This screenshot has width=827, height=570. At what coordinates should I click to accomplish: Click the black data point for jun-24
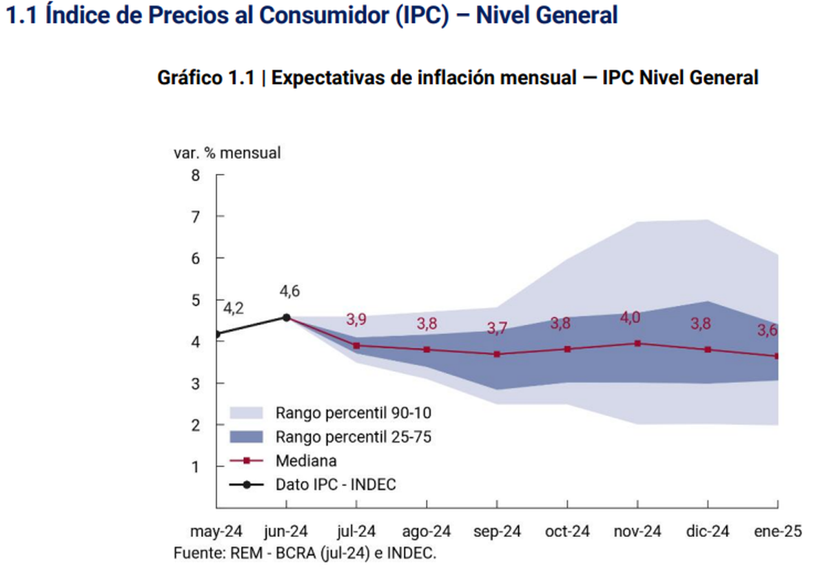coord(286,317)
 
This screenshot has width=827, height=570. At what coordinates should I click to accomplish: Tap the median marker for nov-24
coord(637,343)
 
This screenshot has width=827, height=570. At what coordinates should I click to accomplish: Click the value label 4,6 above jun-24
coord(289,292)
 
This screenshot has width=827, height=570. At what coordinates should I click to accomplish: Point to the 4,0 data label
coord(630,317)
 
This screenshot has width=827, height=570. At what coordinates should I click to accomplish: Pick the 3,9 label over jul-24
coord(356,320)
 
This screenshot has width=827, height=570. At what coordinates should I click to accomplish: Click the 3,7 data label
coord(496,328)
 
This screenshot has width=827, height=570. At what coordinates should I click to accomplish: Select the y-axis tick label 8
coord(196,175)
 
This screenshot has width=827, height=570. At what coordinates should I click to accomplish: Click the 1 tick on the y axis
coord(196,466)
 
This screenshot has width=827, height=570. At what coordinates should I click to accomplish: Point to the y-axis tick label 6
coord(196,258)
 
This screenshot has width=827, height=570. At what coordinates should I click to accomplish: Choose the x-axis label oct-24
coord(567,531)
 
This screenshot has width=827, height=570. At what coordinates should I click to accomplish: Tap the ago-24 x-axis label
coord(427,531)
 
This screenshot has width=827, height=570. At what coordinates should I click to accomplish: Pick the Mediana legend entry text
coord(306,460)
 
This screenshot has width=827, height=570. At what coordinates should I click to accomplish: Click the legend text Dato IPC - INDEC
coord(336,484)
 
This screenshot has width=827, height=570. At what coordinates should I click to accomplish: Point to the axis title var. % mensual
coord(227,153)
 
